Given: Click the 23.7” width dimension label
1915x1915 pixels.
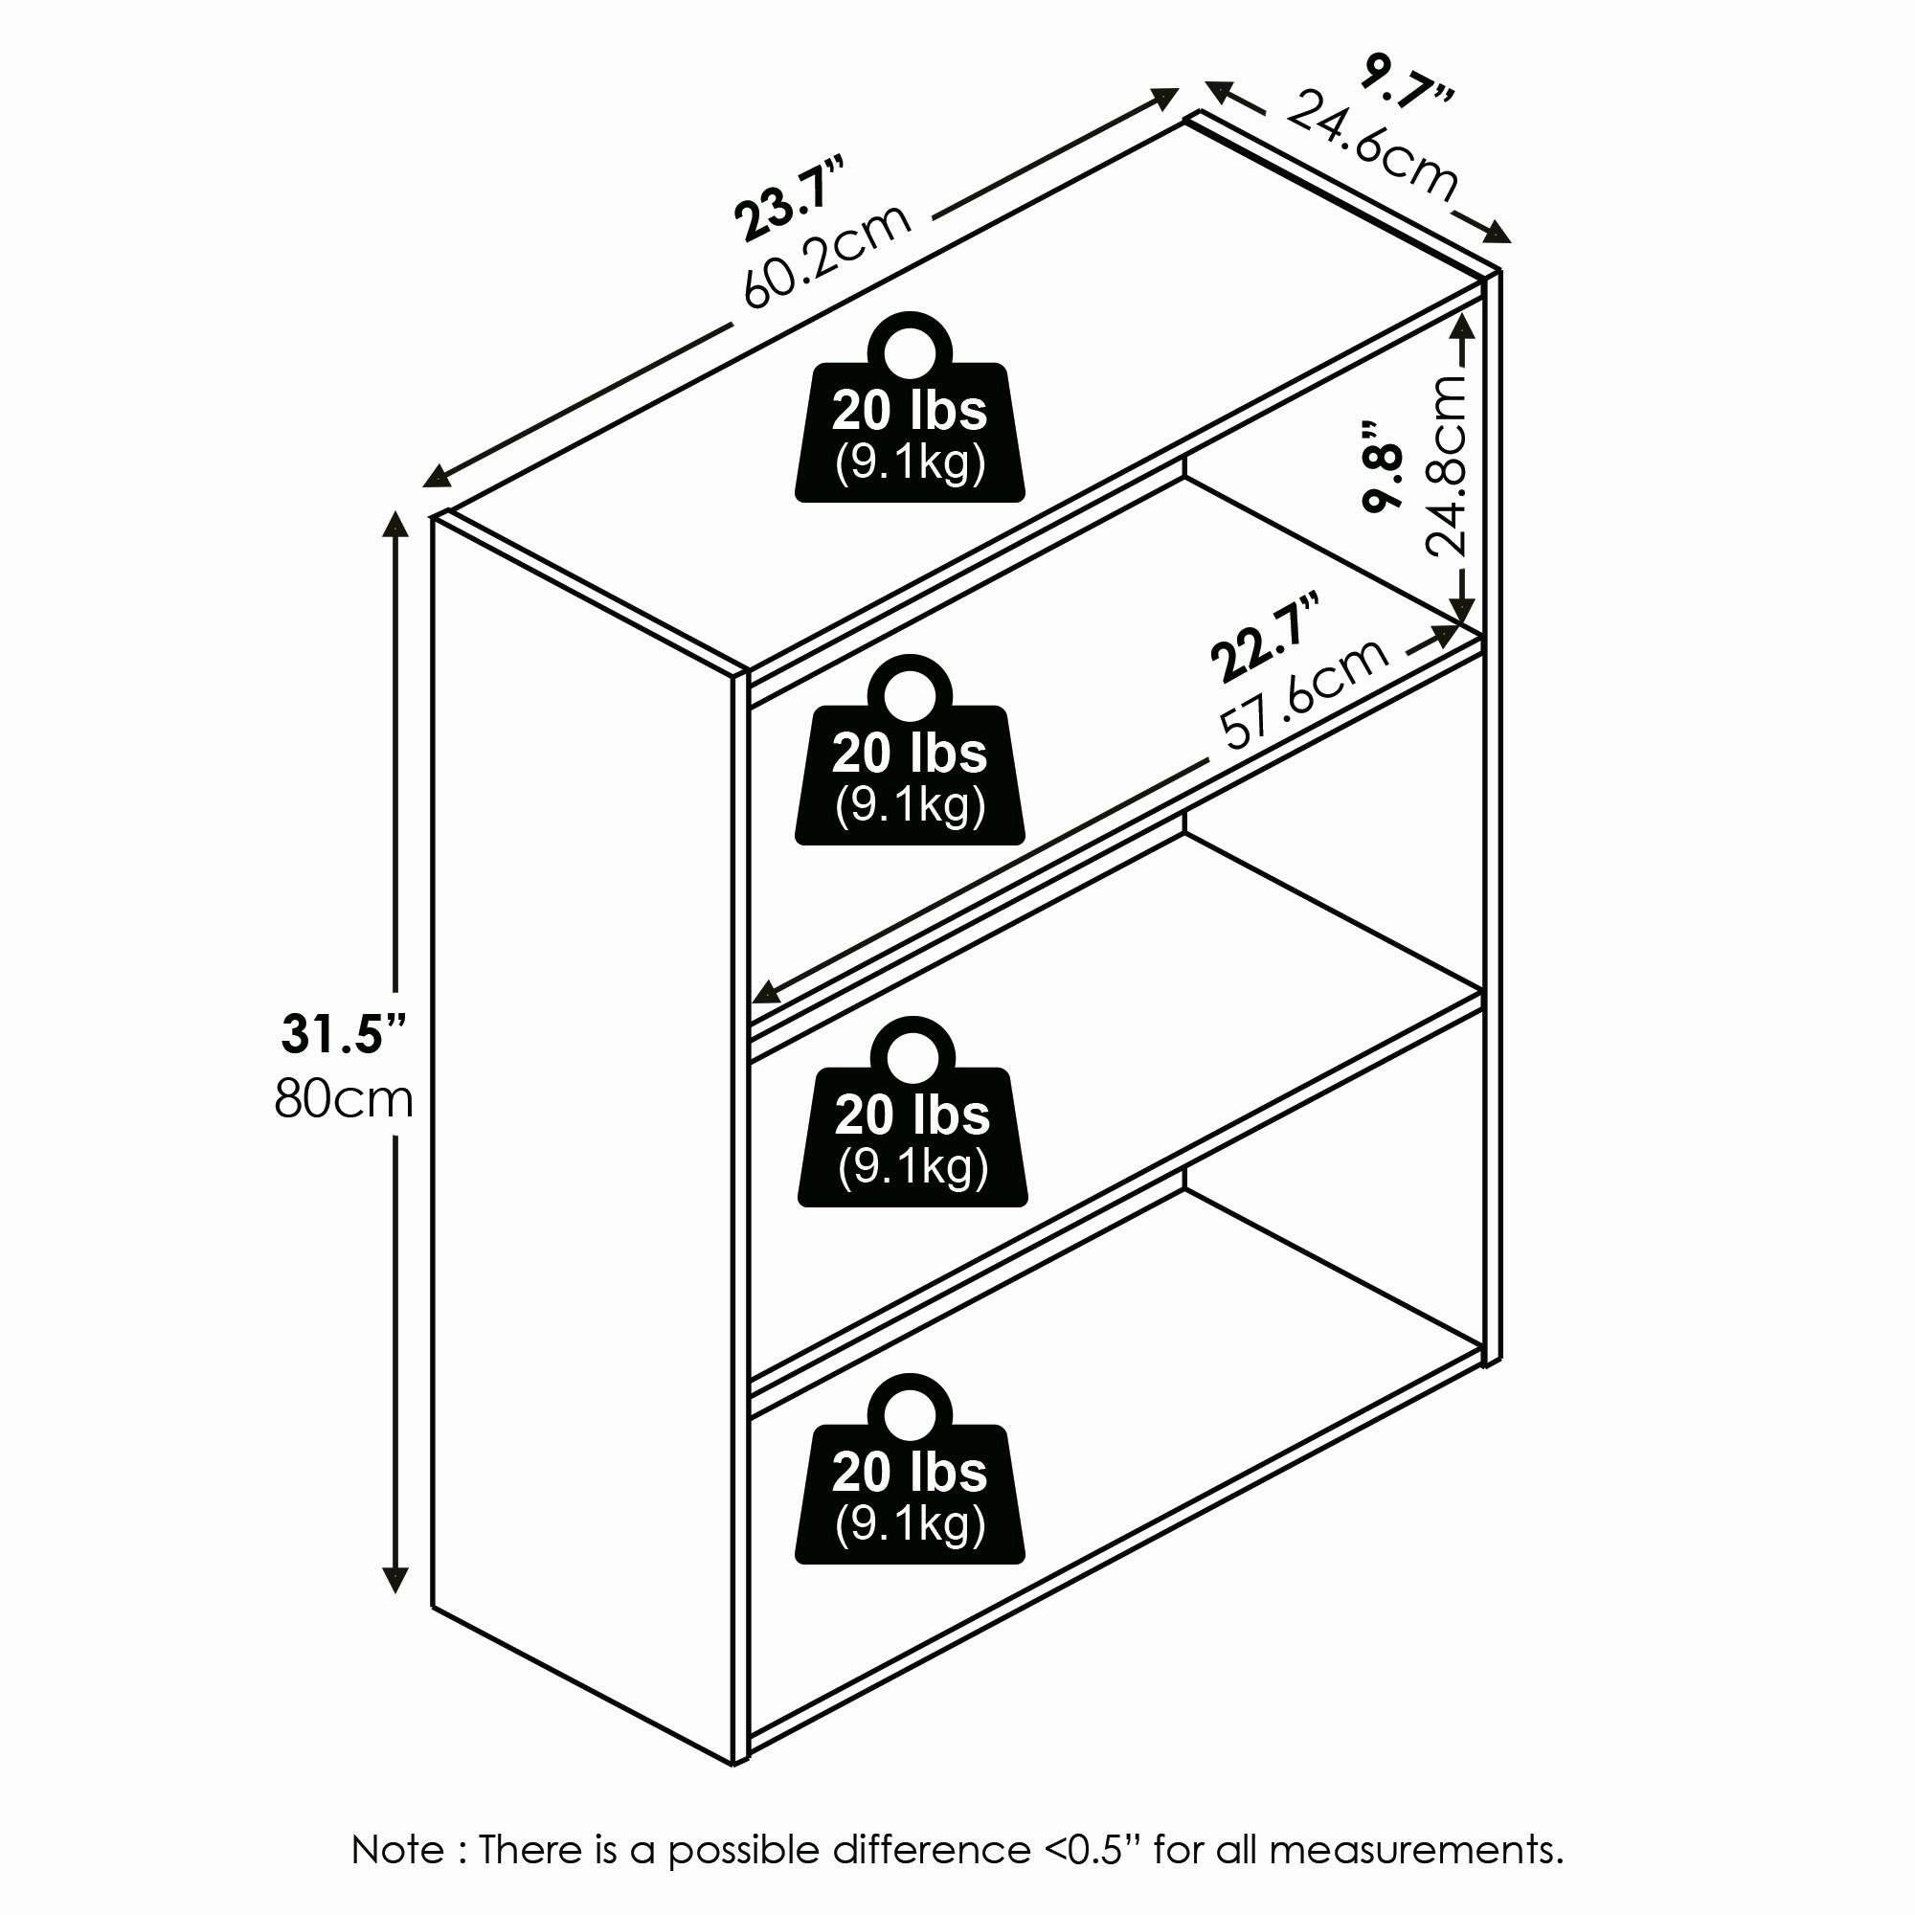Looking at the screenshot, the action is point(790,197).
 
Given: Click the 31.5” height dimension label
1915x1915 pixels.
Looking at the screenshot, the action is point(344,1034).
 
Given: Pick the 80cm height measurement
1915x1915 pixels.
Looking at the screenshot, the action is point(343,1099).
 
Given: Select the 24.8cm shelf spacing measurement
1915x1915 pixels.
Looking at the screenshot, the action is point(1445,465).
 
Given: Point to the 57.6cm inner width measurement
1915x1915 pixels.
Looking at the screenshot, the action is point(1303,693).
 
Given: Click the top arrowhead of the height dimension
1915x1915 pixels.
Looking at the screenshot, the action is point(395,525).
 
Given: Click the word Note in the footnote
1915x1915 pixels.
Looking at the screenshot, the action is point(398,1851).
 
